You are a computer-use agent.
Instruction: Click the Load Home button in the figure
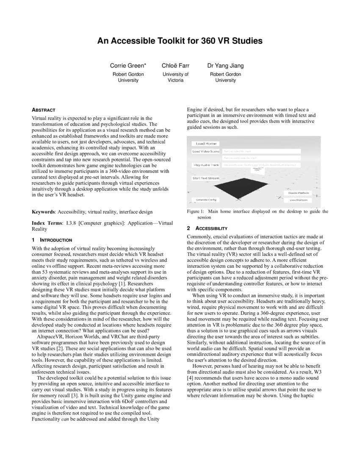click(x=206, y=144)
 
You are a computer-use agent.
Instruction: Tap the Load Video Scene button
click(x=206, y=151)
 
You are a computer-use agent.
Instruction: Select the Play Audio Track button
click(x=206, y=165)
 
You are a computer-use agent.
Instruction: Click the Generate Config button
click(x=205, y=200)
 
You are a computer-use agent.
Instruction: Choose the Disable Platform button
click(x=299, y=193)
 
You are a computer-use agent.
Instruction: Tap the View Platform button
click(x=299, y=200)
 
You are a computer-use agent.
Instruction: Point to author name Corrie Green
click(x=128, y=66)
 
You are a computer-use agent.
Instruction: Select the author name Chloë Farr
click(x=175, y=66)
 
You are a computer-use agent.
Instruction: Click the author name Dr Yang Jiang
click(x=225, y=66)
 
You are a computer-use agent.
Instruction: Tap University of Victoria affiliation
click(x=175, y=77)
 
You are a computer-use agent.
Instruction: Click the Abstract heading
click(x=44, y=110)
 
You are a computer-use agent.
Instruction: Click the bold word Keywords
click(x=44, y=211)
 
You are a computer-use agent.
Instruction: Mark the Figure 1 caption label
click(x=196, y=211)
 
